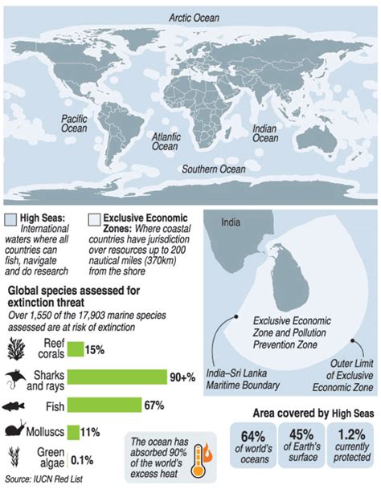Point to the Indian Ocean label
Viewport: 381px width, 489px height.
[x=266, y=132]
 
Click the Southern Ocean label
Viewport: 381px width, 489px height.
[x=212, y=169]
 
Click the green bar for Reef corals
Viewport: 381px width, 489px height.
[x=75, y=348]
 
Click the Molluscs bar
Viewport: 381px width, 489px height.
[x=73, y=432]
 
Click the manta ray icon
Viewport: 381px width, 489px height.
[x=18, y=377]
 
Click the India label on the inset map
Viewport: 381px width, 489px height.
[x=231, y=222]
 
